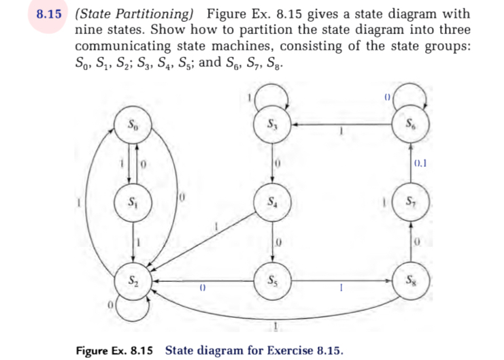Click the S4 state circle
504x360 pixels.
tap(273, 203)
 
